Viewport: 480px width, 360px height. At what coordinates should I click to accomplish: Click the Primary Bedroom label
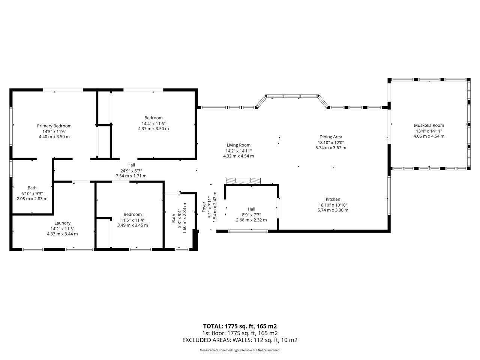54,126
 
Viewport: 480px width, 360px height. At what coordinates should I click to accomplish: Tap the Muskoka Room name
429,126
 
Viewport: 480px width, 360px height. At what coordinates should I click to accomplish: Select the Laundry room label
62,223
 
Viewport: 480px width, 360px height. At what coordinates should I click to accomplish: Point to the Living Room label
238,145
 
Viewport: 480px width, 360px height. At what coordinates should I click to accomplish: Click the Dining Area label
331,137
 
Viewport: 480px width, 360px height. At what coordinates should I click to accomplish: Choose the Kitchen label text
333,199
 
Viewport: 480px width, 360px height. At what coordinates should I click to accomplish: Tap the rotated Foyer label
204,207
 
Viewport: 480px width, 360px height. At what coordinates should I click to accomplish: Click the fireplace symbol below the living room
243,181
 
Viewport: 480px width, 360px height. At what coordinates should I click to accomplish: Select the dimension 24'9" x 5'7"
131,171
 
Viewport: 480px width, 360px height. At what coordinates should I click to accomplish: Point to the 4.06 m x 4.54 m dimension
429,136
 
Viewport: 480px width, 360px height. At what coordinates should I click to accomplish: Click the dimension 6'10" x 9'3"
32,193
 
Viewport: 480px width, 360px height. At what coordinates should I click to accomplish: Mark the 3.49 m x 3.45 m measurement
132,225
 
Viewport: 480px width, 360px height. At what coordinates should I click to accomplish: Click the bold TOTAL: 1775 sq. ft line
240,326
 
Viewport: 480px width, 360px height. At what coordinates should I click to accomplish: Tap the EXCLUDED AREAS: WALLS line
240,340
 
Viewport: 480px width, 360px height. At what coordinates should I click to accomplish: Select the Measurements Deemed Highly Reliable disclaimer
240,350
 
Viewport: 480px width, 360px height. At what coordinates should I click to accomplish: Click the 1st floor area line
240,333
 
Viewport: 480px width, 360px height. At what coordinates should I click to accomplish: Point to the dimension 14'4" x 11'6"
153,123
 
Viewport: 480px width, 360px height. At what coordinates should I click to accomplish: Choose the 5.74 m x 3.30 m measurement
333,210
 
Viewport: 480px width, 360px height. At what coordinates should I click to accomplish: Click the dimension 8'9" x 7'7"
251,215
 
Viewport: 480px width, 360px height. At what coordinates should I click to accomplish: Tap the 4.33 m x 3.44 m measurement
62,234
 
